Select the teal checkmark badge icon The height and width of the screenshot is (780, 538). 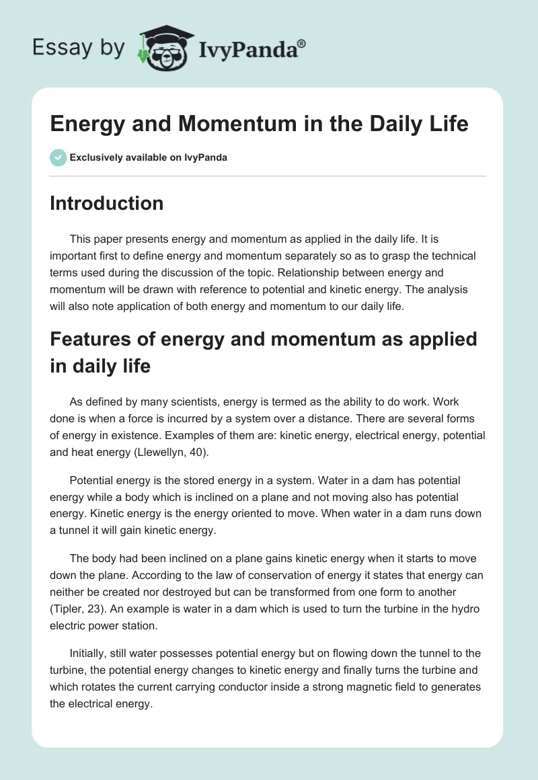58,157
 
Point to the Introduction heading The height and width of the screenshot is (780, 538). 106,203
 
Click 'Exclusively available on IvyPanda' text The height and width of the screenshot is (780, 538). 149,158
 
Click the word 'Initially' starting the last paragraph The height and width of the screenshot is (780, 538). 91,653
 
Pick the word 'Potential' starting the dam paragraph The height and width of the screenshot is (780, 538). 93,481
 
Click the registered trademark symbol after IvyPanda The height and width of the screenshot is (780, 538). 302,42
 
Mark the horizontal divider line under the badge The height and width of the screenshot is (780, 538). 268,176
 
